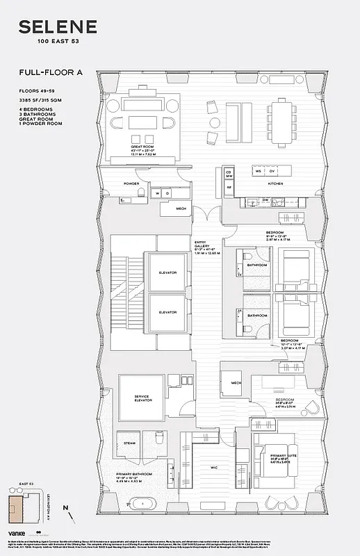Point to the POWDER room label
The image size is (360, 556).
[x=132, y=184]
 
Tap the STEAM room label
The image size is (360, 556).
[x=129, y=443]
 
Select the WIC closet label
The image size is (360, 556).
[x=215, y=468]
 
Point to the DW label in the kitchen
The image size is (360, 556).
[x=265, y=199]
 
